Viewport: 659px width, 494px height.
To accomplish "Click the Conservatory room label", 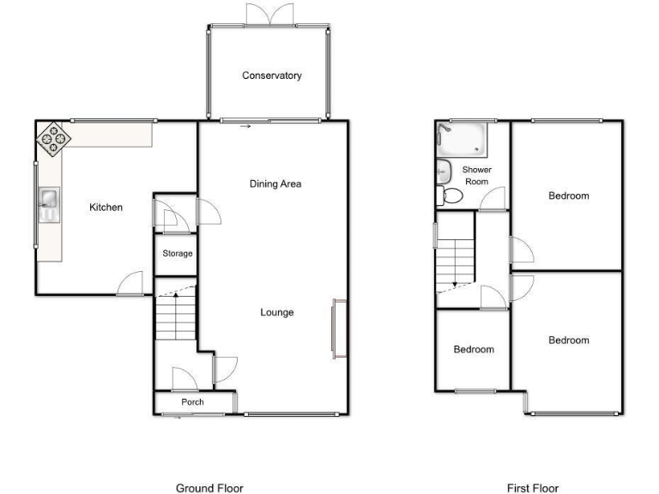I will [271, 75].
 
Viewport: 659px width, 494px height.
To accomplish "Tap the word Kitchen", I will [106, 208].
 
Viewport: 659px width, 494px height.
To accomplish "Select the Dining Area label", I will [275, 184].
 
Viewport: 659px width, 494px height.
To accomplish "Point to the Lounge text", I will [277, 312].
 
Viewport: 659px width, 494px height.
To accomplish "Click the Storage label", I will [178, 254].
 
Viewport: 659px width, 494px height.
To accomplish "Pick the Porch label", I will [192, 402].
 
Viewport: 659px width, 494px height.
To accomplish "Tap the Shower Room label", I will [476, 176].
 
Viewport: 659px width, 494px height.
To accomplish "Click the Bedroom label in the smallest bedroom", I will [474, 349].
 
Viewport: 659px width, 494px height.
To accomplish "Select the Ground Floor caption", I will [209, 488].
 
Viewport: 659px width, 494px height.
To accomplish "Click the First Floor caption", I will [533, 488].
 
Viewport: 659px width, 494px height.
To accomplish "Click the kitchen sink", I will [48, 202].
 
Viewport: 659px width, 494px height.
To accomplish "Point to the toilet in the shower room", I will [450, 196].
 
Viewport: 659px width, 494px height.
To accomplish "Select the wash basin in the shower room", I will [444, 170].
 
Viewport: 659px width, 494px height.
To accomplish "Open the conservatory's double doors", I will [269, 14].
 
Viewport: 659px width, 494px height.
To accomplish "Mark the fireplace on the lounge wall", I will [338, 328].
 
